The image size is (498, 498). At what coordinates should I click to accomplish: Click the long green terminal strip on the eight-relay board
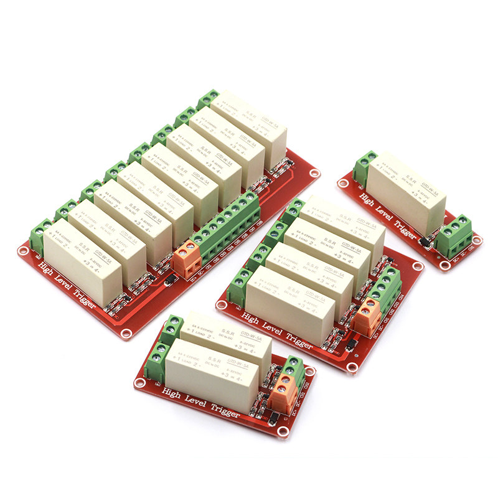(x=227, y=224)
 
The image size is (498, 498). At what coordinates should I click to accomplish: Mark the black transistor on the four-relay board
(x=350, y=343)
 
